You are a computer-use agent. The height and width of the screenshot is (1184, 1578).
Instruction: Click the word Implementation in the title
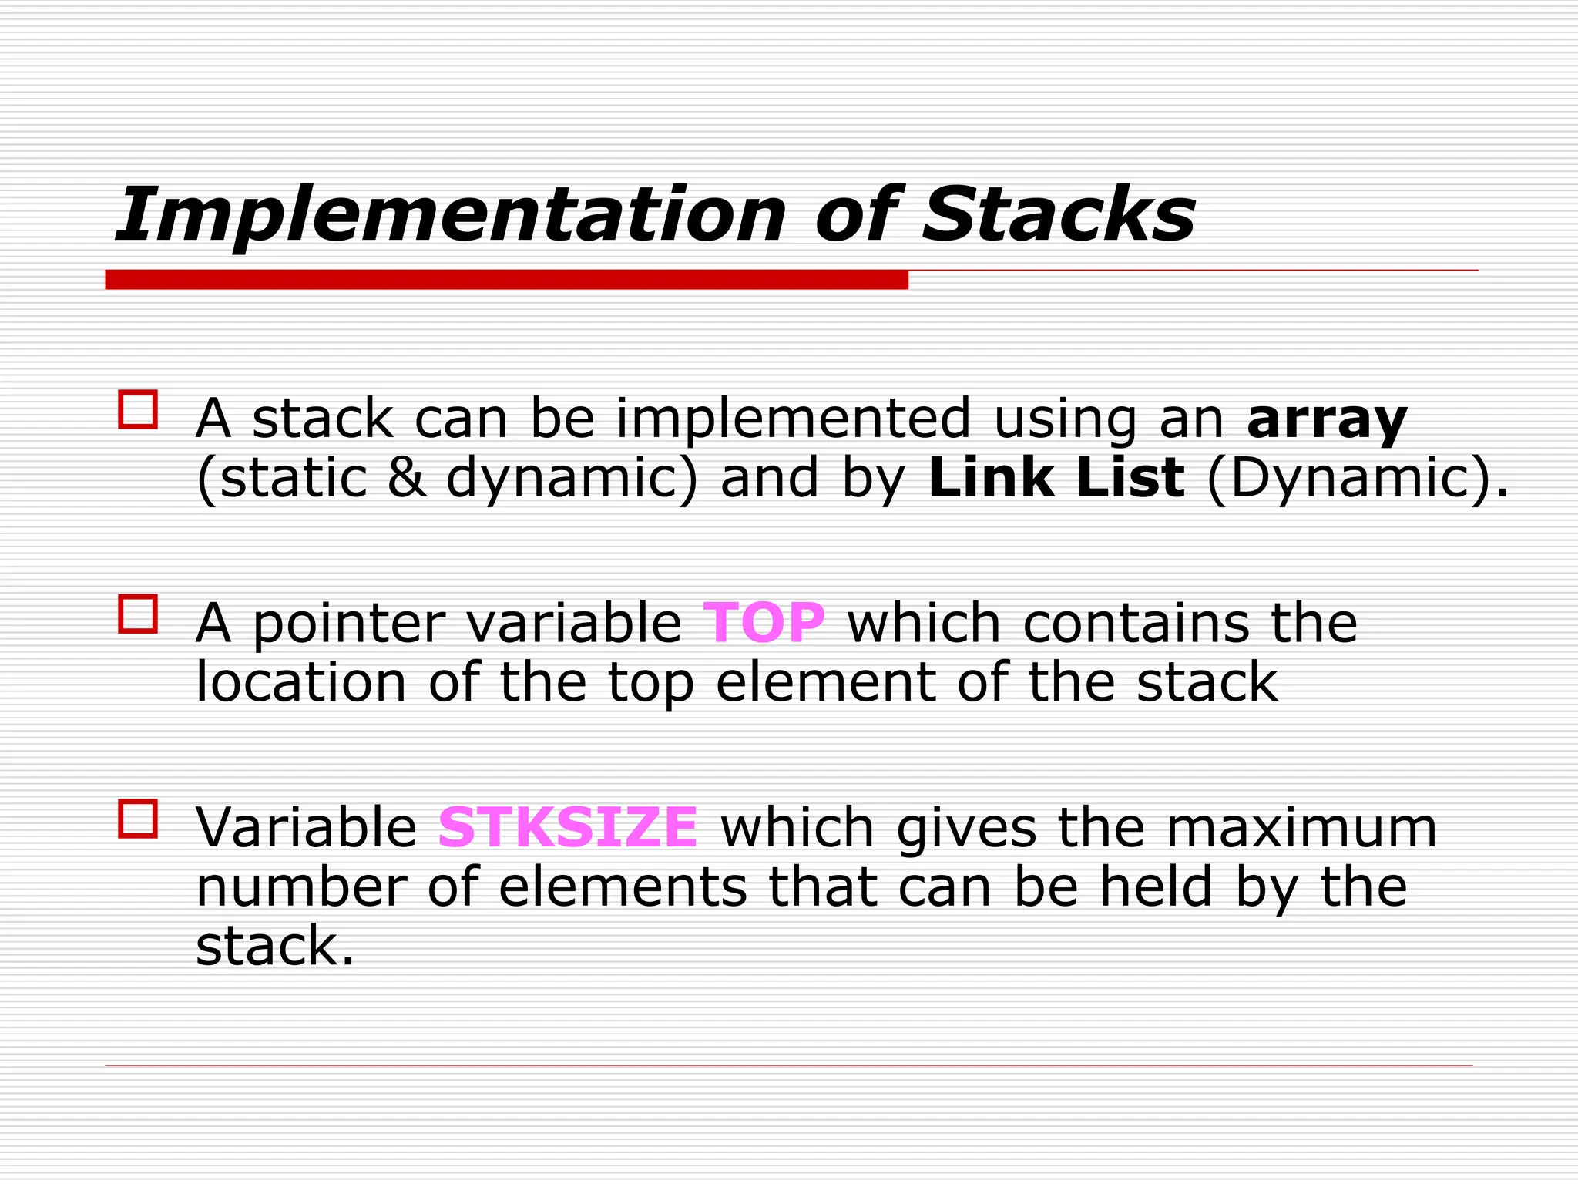[451, 215]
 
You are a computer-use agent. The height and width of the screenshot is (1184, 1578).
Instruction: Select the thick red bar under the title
[506, 280]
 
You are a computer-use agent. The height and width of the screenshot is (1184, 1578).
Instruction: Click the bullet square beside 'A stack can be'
[138, 409]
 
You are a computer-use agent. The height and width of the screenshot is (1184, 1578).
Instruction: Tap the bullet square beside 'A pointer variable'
[138, 614]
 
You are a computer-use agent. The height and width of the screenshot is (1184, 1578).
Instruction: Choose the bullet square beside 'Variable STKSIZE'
[138, 818]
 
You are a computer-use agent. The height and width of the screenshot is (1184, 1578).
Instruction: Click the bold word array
[1327, 420]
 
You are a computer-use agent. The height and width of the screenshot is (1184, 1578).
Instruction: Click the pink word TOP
[764, 622]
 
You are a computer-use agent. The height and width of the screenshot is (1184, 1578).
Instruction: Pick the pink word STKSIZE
[568, 827]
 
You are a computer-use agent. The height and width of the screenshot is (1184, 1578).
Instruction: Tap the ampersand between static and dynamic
[406, 478]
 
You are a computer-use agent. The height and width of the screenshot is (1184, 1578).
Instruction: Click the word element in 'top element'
[825, 682]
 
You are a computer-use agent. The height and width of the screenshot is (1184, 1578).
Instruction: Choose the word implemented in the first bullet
[793, 420]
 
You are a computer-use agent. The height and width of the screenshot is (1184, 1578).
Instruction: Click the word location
[301, 682]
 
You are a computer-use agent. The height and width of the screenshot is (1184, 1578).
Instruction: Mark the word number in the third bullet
[301, 886]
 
